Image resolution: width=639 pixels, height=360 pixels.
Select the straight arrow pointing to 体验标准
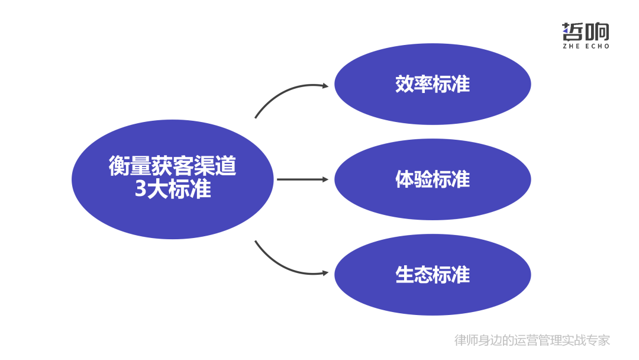pos(299,179)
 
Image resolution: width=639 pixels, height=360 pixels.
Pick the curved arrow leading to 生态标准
pos(284,265)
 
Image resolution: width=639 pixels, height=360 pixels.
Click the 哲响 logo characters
pos(585,31)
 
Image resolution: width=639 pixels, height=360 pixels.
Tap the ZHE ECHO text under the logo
pos(585,46)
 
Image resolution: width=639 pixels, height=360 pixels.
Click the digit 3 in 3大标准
pos(140,189)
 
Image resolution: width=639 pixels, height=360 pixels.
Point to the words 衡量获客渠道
pos(172,166)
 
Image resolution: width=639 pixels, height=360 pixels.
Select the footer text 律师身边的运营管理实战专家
pos(532,340)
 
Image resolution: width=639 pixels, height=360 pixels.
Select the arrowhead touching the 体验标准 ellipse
pos(325,179)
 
